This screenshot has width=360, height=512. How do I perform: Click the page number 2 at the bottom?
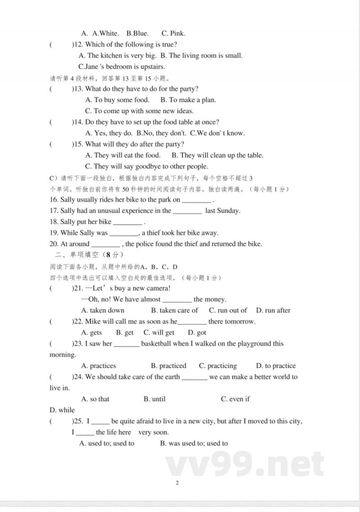[x=177, y=483]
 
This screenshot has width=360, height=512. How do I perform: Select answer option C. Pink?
[x=173, y=33]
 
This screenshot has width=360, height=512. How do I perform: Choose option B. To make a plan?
[x=188, y=100]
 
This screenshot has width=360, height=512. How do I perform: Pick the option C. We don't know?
[x=217, y=133]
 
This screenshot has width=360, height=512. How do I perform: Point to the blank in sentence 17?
[x=187, y=212]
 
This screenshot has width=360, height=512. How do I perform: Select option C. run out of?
[x=228, y=310]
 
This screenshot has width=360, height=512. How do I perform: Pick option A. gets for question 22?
[x=91, y=333]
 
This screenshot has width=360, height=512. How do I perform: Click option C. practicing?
[x=218, y=366]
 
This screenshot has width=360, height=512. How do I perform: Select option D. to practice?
[x=276, y=366]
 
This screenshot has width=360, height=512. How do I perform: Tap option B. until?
[x=154, y=399]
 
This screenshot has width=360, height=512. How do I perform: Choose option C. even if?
[x=235, y=399]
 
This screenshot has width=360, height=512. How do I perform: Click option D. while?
[x=62, y=410]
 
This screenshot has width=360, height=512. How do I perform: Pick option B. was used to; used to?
[x=194, y=444]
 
